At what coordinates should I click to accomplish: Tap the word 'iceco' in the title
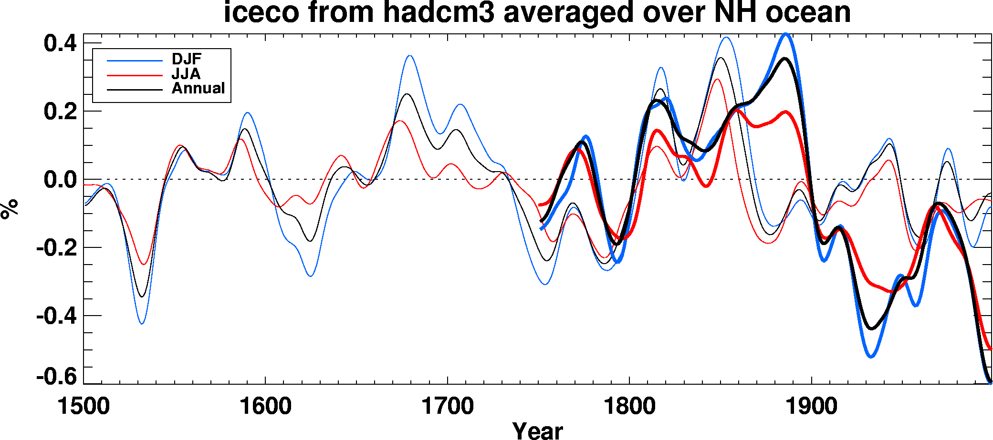[261, 12]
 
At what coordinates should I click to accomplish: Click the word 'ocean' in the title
[808, 12]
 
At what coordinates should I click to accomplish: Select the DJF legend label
[187, 59]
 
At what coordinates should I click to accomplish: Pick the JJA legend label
[186, 74]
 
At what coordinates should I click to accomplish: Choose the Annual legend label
[198, 88]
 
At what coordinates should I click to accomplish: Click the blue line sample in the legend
[135, 61]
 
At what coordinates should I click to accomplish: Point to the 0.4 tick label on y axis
[60, 44]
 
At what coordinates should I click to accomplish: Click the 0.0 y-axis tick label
[60, 180]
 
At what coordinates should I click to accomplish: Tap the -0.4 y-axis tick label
[56, 316]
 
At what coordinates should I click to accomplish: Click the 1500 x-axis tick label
[84, 406]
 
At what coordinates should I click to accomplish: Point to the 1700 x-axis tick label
[448, 406]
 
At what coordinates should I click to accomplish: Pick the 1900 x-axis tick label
[811, 406]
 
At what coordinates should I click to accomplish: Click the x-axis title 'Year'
[538, 430]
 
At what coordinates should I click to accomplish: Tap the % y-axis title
[10, 209]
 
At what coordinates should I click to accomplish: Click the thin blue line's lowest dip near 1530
[142, 324]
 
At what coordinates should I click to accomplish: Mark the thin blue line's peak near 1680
[410, 56]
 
